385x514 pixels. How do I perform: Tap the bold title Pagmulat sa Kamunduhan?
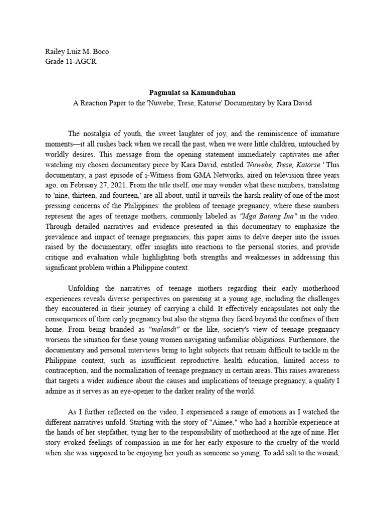[192, 93]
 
